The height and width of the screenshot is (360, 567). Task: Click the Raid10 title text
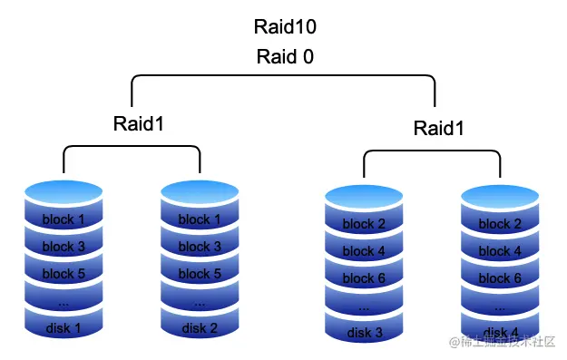(285, 27)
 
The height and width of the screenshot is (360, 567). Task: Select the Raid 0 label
(285, 57)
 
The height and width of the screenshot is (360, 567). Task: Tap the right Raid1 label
(439, 128)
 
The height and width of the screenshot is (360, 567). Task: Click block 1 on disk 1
(64, 219)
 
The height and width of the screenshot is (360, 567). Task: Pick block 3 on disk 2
(200, 247)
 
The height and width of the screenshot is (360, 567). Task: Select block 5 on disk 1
(64, 273)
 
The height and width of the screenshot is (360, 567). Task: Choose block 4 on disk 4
(500, 251)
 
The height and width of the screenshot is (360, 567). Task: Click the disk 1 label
(64, 328)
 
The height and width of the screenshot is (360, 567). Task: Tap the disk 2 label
(200, 328)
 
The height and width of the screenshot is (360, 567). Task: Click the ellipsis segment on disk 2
(200, 301)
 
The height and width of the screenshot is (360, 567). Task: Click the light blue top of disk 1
(64, 191)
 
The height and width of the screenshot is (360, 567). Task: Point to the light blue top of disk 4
(500, 196)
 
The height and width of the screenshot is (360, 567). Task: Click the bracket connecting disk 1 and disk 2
(132, 144)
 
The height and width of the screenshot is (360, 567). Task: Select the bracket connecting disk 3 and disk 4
(432, 151)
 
